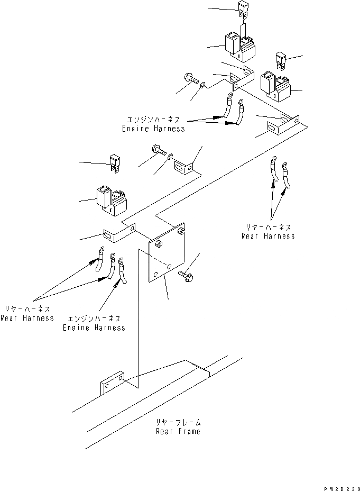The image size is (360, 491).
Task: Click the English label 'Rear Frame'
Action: pos(178,431)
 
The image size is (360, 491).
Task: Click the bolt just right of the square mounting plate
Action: pos(186,276)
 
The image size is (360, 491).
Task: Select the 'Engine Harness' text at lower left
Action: pos(94,328)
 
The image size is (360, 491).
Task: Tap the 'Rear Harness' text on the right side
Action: pos(268,236)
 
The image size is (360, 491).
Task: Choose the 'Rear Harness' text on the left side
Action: pos(27,318)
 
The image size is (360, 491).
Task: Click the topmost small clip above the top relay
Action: pos(243,8)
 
